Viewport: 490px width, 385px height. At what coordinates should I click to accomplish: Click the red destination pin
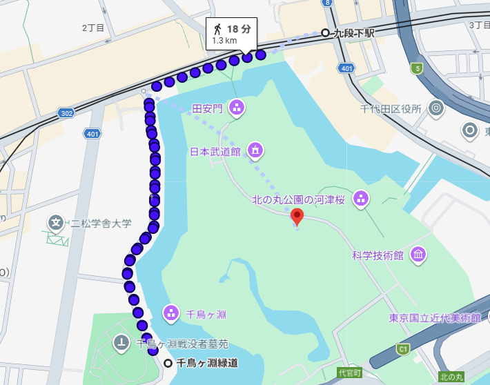point(297,216)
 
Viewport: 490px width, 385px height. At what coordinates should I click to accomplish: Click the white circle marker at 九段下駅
point(325,32)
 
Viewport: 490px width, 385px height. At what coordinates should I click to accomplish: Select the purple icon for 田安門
point(237,108)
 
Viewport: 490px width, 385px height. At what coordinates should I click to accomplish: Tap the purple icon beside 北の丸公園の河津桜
point(360,199)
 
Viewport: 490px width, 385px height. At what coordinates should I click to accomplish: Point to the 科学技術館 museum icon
point(418,255)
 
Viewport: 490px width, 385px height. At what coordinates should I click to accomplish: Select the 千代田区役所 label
point(391,108)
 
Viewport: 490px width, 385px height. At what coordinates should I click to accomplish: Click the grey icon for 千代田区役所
point(435,108)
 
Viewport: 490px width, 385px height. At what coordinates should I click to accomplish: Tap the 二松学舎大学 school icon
point(56,222)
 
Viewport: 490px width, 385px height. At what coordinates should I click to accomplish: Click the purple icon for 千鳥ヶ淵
point(170,313)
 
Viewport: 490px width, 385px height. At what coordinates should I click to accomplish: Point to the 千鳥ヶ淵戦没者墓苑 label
point(182,344)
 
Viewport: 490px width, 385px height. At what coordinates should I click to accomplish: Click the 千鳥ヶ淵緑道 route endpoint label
point(207,363)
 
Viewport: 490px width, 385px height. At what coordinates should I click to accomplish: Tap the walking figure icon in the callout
point(217,28)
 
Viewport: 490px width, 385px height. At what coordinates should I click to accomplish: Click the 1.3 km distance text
point(224,41)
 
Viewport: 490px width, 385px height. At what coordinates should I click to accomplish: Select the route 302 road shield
point(66,112)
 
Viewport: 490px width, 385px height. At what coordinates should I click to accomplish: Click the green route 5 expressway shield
point(416,68)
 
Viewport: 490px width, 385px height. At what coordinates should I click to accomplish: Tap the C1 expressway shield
point(402,350)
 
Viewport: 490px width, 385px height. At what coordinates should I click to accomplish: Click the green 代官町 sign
point(349,373)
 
